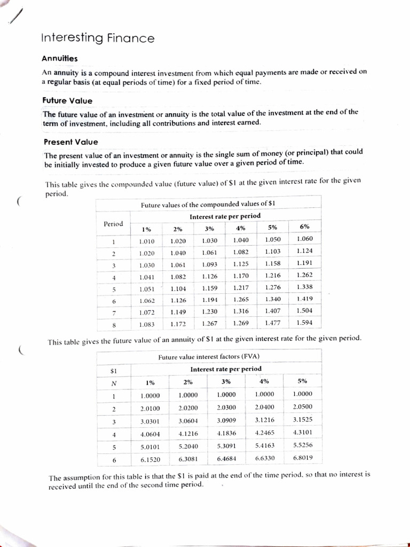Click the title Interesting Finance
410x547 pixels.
(98, 38)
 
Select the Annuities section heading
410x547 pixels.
(59, 59)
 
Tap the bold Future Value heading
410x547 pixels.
(67, 100)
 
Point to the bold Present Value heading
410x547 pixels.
(70, 142)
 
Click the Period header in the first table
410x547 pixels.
(113, 223)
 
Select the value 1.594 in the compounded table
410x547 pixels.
(304, 323)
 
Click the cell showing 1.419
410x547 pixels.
(304, 299)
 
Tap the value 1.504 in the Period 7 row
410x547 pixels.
(304, 310)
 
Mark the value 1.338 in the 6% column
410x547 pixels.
(304, 287)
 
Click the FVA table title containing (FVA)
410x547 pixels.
(209, 356)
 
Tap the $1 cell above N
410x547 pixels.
(113, 370)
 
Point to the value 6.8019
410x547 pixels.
(303, 457)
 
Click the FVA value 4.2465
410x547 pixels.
(264, 433)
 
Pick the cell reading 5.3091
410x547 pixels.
(226, 445)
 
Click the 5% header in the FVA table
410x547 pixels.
(303, 381)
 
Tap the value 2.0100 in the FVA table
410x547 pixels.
(150, 408)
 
